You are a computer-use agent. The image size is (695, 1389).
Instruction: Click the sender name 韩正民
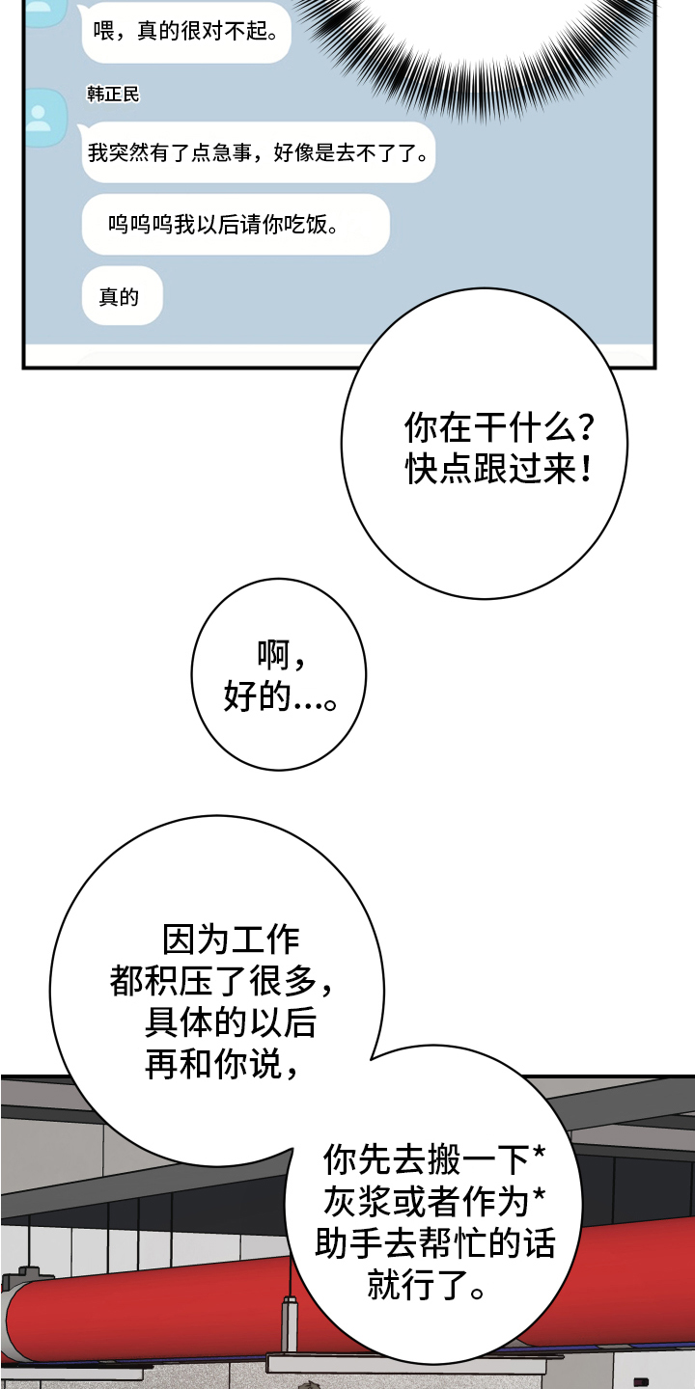(113, 95)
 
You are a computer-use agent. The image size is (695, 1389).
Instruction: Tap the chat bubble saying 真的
(121, 296)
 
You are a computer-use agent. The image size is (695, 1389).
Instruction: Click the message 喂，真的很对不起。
(183, 32)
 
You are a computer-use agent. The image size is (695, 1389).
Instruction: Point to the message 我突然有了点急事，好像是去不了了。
(258, 152)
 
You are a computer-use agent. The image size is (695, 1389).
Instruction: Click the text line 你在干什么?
(499, 427)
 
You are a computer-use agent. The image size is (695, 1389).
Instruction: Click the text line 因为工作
(231, 939)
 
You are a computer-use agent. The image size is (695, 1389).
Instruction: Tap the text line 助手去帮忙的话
(434, 1244)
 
